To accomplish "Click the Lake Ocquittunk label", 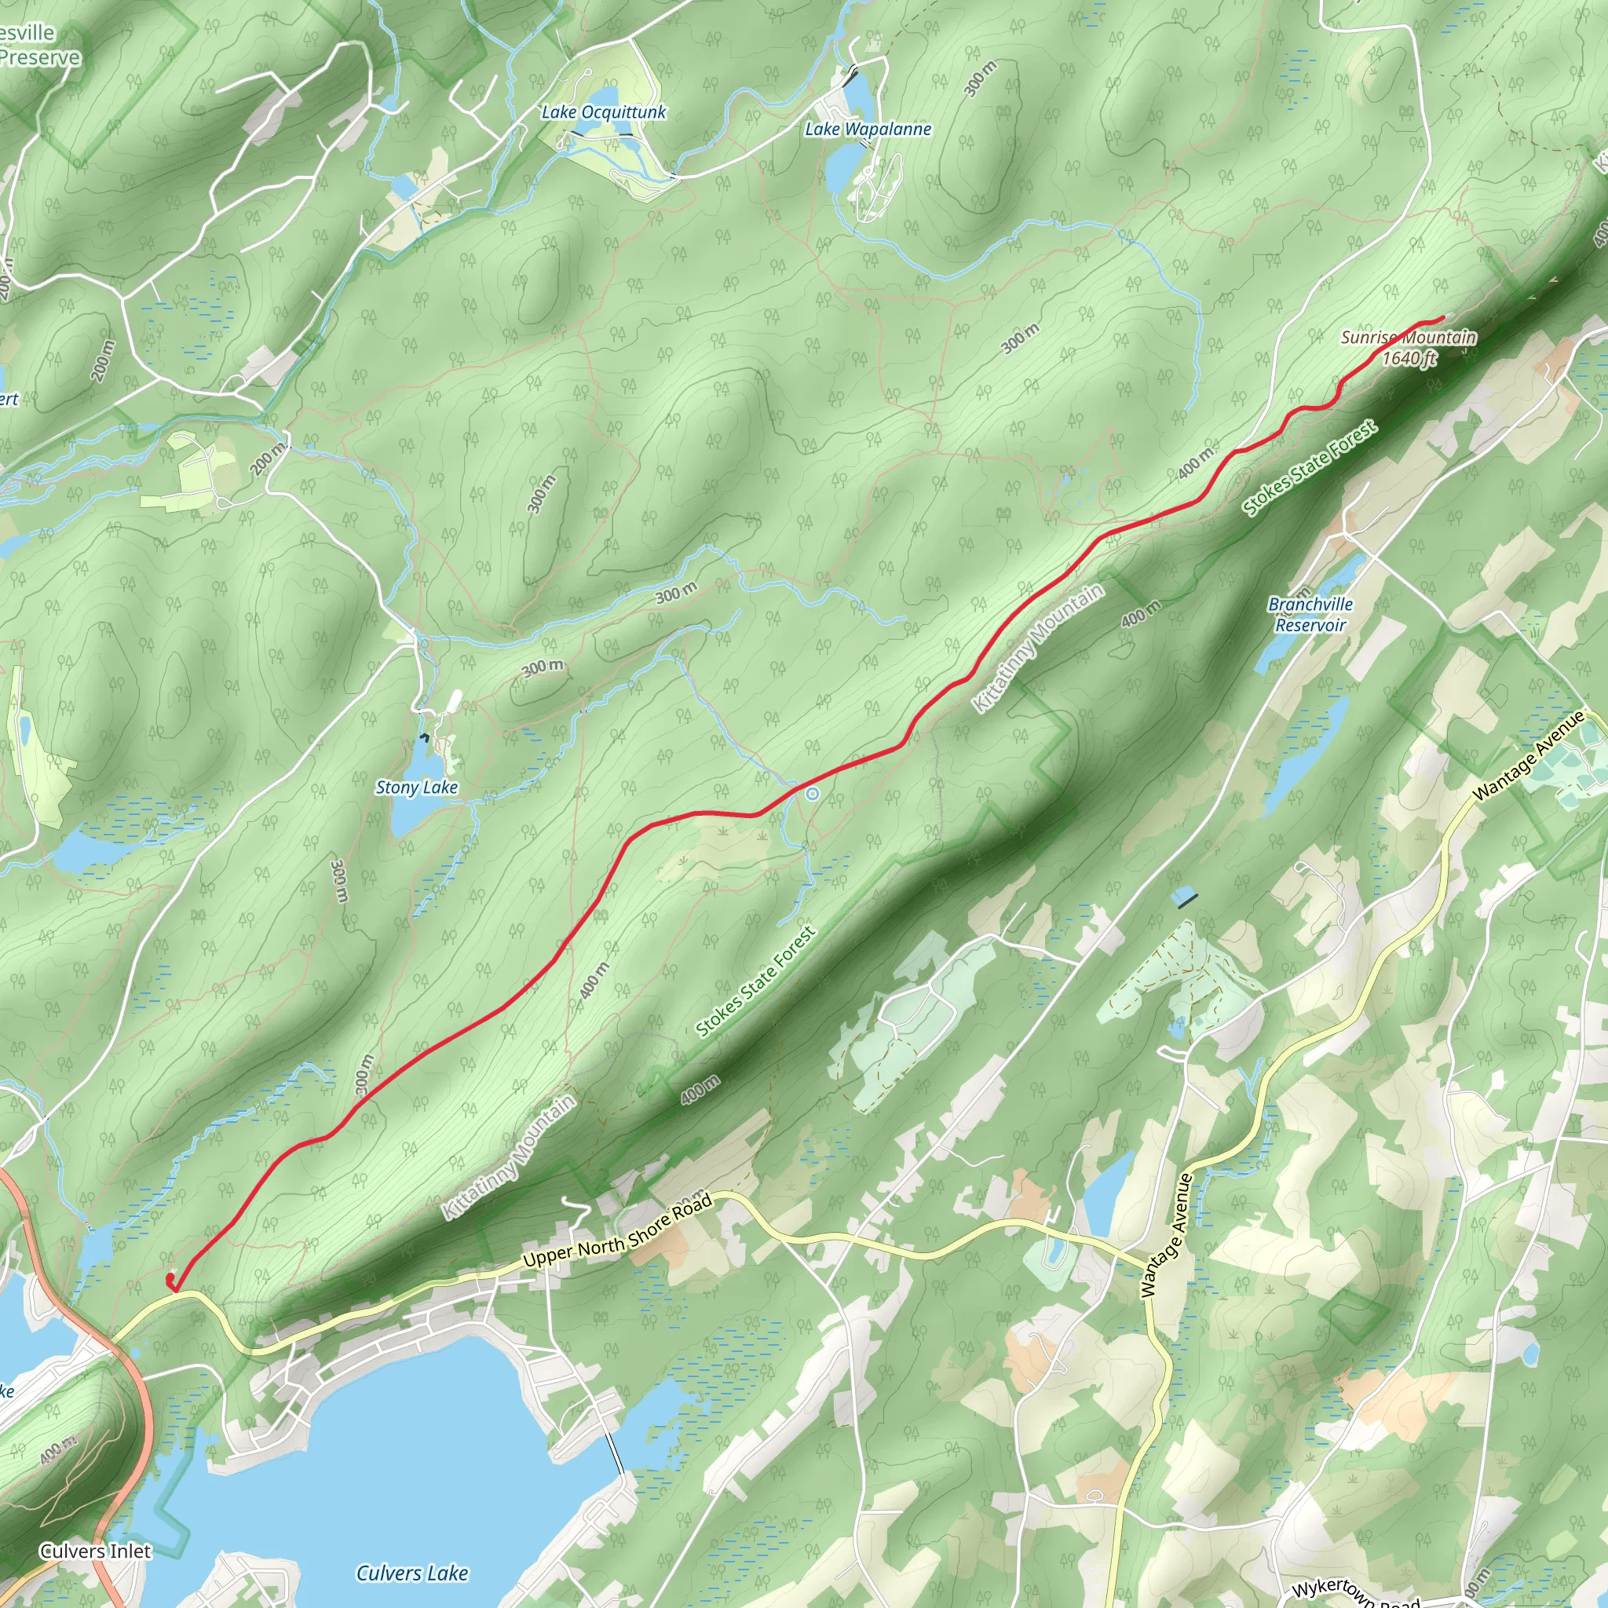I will (604, 112).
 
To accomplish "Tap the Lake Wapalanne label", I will (868, 129).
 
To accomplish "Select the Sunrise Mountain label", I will (1409, 337).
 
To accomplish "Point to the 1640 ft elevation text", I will (1410, 359).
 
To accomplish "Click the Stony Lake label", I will (417, 788).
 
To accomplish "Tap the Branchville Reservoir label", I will (1310, 614).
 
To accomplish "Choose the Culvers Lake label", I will (412, 1573).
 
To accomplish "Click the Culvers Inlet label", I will (96, 1551).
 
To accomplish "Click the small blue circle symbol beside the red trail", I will (813, 794).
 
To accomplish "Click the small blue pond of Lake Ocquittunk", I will (605, 97).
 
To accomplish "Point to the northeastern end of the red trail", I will (1442, 318).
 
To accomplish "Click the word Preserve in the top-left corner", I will (40, 57).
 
